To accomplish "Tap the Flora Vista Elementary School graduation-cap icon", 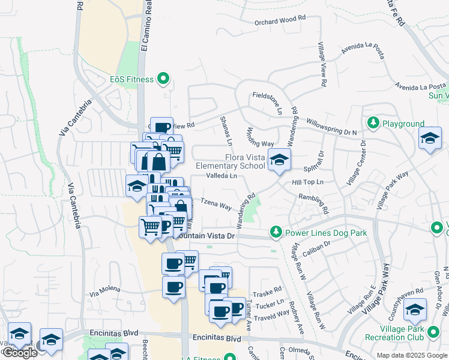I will point(279,160).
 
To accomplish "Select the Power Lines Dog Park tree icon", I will point(276,231).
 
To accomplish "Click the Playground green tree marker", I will point(373,123).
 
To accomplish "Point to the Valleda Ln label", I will point(221,176).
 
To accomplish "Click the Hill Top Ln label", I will point(308,182).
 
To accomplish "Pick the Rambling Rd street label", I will point(313,202).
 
